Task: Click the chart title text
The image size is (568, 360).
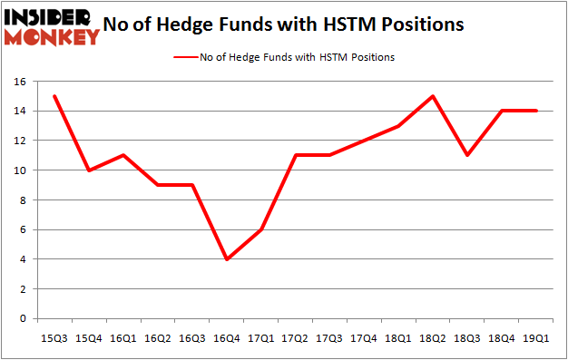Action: (284, 24)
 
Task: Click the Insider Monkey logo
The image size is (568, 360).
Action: (52, 25)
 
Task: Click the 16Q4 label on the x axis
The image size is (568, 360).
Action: (226, 338)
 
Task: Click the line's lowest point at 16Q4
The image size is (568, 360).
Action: (226, 259)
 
